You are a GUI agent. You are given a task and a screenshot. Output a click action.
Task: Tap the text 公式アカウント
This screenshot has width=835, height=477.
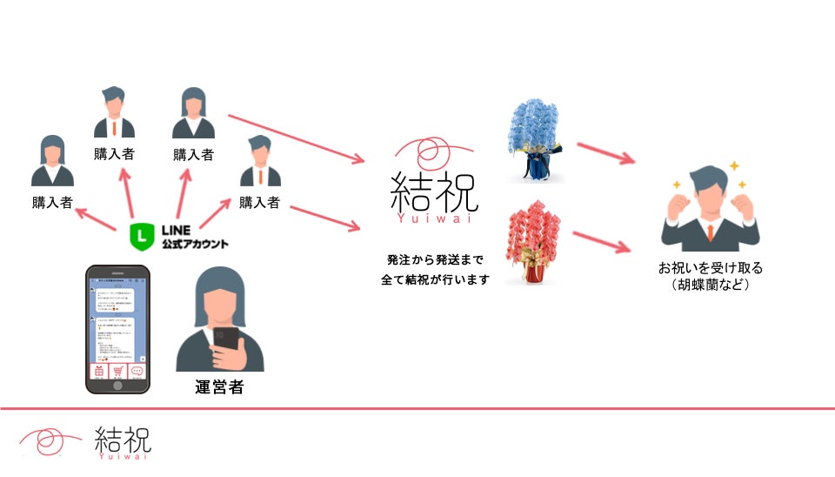pyautogui.click(x=195, y=245)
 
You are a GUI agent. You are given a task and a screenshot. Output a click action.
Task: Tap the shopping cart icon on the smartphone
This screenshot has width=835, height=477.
pyautogui.click(x=117, y=371)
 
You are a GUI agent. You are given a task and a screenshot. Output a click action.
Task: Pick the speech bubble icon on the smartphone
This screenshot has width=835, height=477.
pyautogui.click(x=137, y=371)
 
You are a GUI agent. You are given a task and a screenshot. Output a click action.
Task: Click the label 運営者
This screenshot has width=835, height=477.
pyautogui.click(x=219, y=386)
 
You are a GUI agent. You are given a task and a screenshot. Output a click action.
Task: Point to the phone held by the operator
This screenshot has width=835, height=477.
pyautogui.click(x=226, y=338)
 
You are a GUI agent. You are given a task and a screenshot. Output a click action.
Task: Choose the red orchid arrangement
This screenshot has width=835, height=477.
pyautogui.click(x=533, y=243)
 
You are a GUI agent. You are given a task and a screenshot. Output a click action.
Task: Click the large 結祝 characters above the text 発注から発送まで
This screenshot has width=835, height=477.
pyautogui.click(x=435, y=191)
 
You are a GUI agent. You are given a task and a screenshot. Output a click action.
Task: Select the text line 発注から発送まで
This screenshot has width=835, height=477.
pyautogui.click(x=434, y=259)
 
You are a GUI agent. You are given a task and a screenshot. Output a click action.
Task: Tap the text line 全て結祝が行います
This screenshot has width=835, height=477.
pyautogui.click(x=434, y=280)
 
